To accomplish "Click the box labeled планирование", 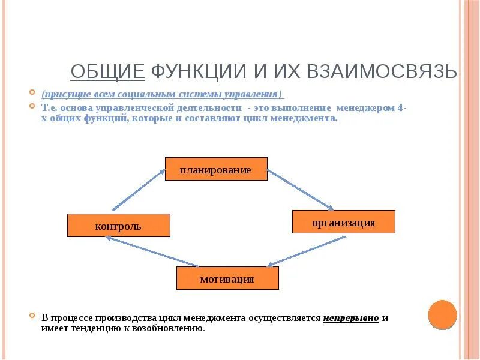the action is [x=215, y=169].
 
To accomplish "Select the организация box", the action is [x=343, y=222].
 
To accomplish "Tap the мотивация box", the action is [x=227, y=278].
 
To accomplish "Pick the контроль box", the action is [x=118, y=226].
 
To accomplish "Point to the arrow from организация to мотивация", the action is [x=306, y=251].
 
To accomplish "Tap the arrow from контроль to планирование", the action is [x=139, y=190].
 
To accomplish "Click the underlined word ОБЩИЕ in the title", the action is [x=107, y=72].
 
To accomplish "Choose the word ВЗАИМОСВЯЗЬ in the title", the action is [x=382, y=72].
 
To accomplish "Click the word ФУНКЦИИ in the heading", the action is [x=198, y=72].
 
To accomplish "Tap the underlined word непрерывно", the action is [x=351, y=318].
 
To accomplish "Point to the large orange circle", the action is [x=443, y=314].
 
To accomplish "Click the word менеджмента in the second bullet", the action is [x=308, y=119].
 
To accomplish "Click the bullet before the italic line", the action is [x=34, y=94].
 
